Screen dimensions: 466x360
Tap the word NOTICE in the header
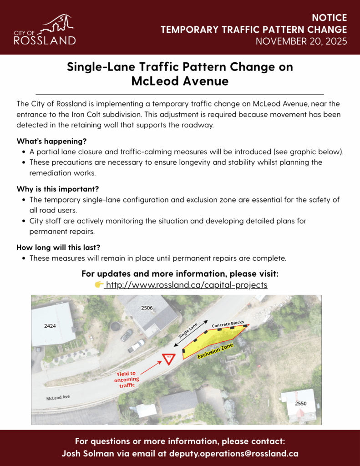(330, 18)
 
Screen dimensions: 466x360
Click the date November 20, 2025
(301, 41)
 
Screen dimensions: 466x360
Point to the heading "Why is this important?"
(57, 188)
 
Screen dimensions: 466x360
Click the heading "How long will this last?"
(58, 248)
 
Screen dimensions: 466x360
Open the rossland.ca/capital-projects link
(186, 285)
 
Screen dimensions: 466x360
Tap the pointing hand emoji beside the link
(98, 285)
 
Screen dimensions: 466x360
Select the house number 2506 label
(147, 308)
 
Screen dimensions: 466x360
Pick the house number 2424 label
(50, 326)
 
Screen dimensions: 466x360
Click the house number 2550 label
(300, 404)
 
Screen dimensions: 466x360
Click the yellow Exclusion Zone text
(215, 351)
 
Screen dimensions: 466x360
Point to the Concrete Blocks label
(228, 324)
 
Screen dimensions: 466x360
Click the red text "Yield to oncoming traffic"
(127, 379)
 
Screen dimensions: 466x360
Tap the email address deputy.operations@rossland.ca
(234, 454)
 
